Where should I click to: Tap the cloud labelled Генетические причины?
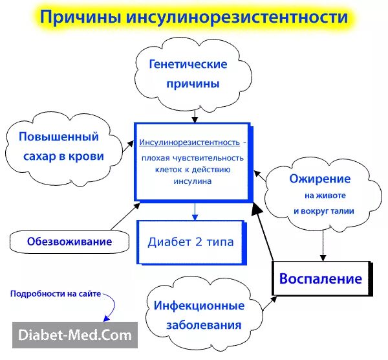(188, 74)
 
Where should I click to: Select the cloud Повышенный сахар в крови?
(62, 147)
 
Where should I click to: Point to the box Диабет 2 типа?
(191, 243)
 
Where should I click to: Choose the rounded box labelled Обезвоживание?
(69, 242)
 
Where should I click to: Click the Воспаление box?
(320, 279)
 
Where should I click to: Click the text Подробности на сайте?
(56, 294)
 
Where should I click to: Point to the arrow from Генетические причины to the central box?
(195, 114)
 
